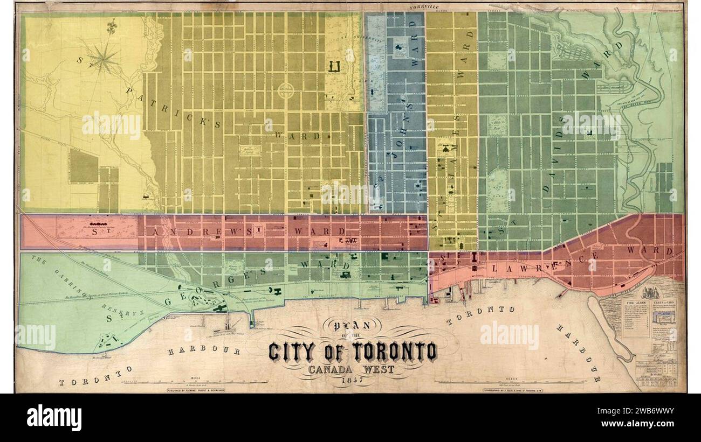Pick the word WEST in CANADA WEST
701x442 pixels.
375,370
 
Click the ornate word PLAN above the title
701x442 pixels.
352,325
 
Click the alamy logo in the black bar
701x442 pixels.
54,418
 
